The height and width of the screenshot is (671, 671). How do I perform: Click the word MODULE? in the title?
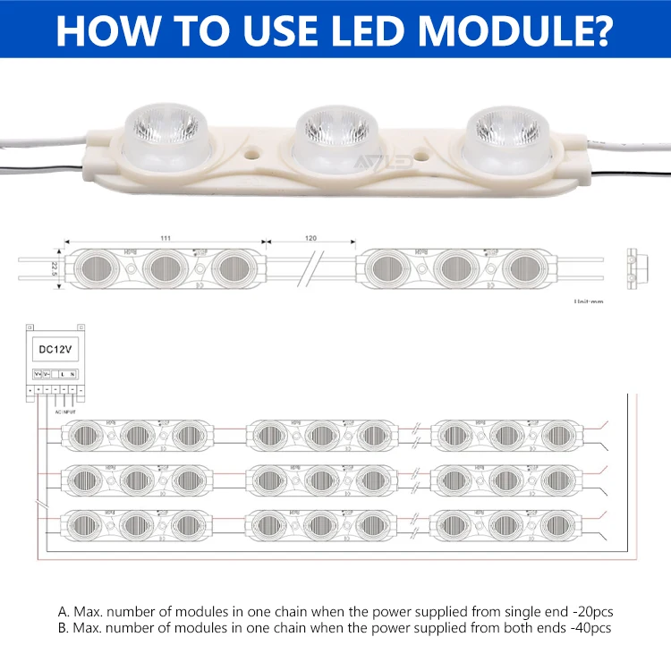pos(518,29)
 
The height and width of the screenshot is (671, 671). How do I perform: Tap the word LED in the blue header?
pos(361,29)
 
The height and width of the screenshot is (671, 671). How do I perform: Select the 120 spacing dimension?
pos(311,240)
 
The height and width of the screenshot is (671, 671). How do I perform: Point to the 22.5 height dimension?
pos(55,268)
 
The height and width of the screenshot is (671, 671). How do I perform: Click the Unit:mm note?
pos(589,302)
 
